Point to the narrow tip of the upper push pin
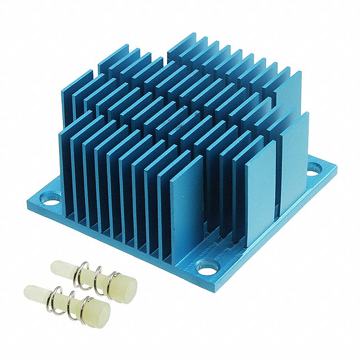[58, 267]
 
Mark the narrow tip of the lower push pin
[33, 292]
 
